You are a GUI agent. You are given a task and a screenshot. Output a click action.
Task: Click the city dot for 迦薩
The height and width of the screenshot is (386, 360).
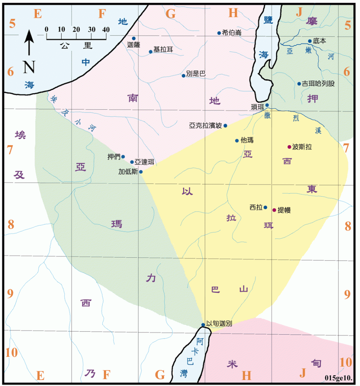[x=134, y=38]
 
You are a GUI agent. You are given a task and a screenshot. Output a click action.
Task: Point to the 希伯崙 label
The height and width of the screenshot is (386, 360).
[x=232, y=33]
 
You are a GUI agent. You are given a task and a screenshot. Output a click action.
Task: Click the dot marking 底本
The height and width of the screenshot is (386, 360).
[x=310, y=41]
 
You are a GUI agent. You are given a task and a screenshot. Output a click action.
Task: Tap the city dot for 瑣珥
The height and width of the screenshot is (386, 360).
[x=267, y=105]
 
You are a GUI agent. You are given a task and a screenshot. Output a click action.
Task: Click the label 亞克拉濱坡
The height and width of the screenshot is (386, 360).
[x=206, y=125]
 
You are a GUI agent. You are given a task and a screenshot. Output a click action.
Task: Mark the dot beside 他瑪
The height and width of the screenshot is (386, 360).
[x=237, y=140]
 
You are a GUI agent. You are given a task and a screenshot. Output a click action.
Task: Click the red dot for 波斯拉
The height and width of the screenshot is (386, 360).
[x=289, y=147]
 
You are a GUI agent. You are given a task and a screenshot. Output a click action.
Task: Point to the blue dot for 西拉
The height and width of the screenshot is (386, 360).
[x=265, y=207]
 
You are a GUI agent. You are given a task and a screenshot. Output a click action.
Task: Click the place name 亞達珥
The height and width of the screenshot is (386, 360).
[x=144, y=162]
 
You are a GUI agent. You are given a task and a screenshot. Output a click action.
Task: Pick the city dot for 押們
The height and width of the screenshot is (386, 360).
[x=123, y=157]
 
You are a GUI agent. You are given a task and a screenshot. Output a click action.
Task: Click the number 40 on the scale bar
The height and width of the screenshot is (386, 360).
[x=106, y=30]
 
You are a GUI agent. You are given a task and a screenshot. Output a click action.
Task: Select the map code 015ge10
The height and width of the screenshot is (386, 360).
[x=338, y=378]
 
